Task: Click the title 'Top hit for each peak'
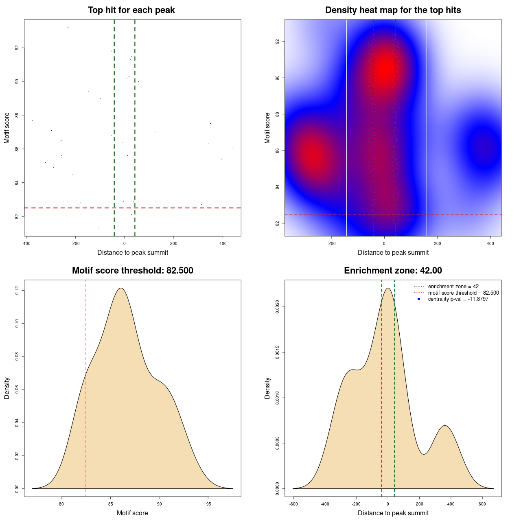coord(131,10)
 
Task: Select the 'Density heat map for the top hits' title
coord(393,10)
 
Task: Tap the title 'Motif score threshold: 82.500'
coord(132,271)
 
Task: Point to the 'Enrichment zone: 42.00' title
coord(393,271)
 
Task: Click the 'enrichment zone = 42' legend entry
coord(453,287)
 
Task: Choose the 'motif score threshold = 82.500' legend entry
coord(463,293)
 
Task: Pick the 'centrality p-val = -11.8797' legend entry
coord(458,299)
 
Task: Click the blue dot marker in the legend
coord(419,299)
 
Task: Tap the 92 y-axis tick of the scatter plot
coord(17,48)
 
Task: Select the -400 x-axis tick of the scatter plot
coord(26,243)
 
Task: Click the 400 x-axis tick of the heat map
coord(490,243)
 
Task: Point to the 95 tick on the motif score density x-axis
coord(209,504)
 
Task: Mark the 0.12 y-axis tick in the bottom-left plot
coord(17,290)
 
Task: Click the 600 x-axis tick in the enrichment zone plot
coord(482,504)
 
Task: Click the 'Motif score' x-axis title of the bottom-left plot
coord(132,513)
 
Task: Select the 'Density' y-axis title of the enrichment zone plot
coord(267,388)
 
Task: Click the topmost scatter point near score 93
coord(68,27)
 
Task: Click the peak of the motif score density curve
coord(121,288)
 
